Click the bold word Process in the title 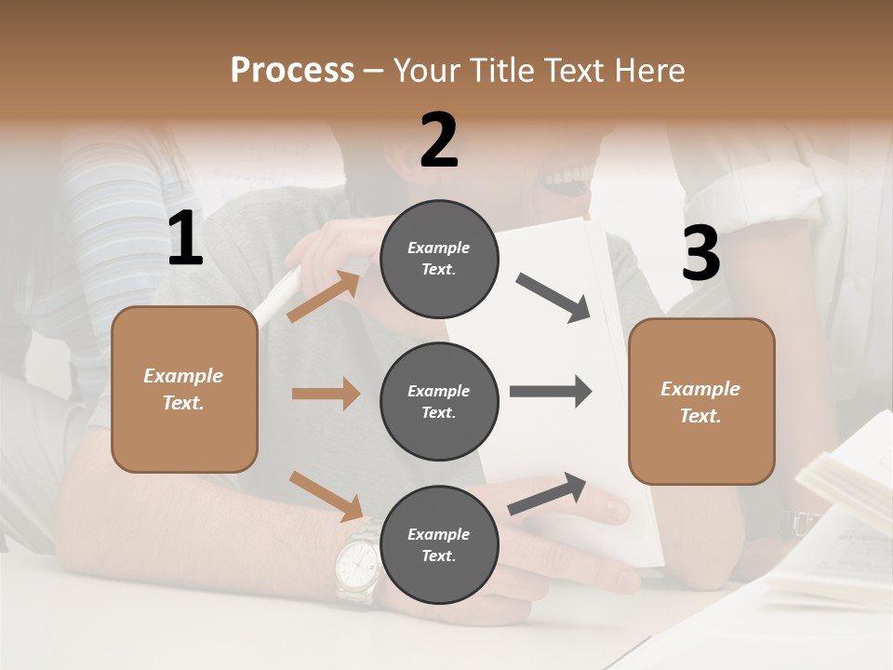tap(292, 71)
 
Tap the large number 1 tap(185, 239)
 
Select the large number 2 tap(439, 141)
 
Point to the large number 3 tap(700, 253)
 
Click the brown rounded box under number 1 tap(184, 389)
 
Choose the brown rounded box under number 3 tap(701, 402)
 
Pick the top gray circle tap(439, 259)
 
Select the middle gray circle tap(439, 402)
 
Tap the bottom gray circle tap(439, 545)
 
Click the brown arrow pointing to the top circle tap(324, 297)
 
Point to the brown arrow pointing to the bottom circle tap(326, 496)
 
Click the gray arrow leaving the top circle tap(553, 298)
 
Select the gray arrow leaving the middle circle tap(551, 392)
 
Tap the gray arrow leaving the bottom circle tap(548, 493)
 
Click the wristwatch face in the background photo tap(355, 562)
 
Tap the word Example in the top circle tap(439, 248)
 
